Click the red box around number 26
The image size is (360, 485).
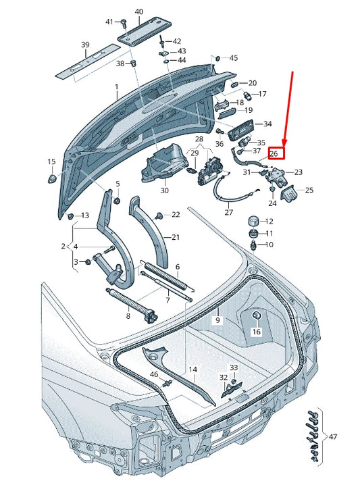[x=277, y=153]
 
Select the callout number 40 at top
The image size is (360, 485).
[x=139, y=12]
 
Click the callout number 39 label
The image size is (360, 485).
[x=85, y=45]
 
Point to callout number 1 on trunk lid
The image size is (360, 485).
[x=115, y=87]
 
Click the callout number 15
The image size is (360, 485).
[x=51, y=162]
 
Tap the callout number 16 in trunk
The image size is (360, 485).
[x=257, y=332]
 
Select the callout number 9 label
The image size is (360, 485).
[x=217, y=319]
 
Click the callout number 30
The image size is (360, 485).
[x=164, y=190]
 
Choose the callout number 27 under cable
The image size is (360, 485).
[x=228, y=212]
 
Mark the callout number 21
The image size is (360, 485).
[x=176, y=237]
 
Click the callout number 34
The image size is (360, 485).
[x=267, y=124]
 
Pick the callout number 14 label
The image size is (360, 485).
[x=193, y=369]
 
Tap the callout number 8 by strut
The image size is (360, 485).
[x=128, y=315]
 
